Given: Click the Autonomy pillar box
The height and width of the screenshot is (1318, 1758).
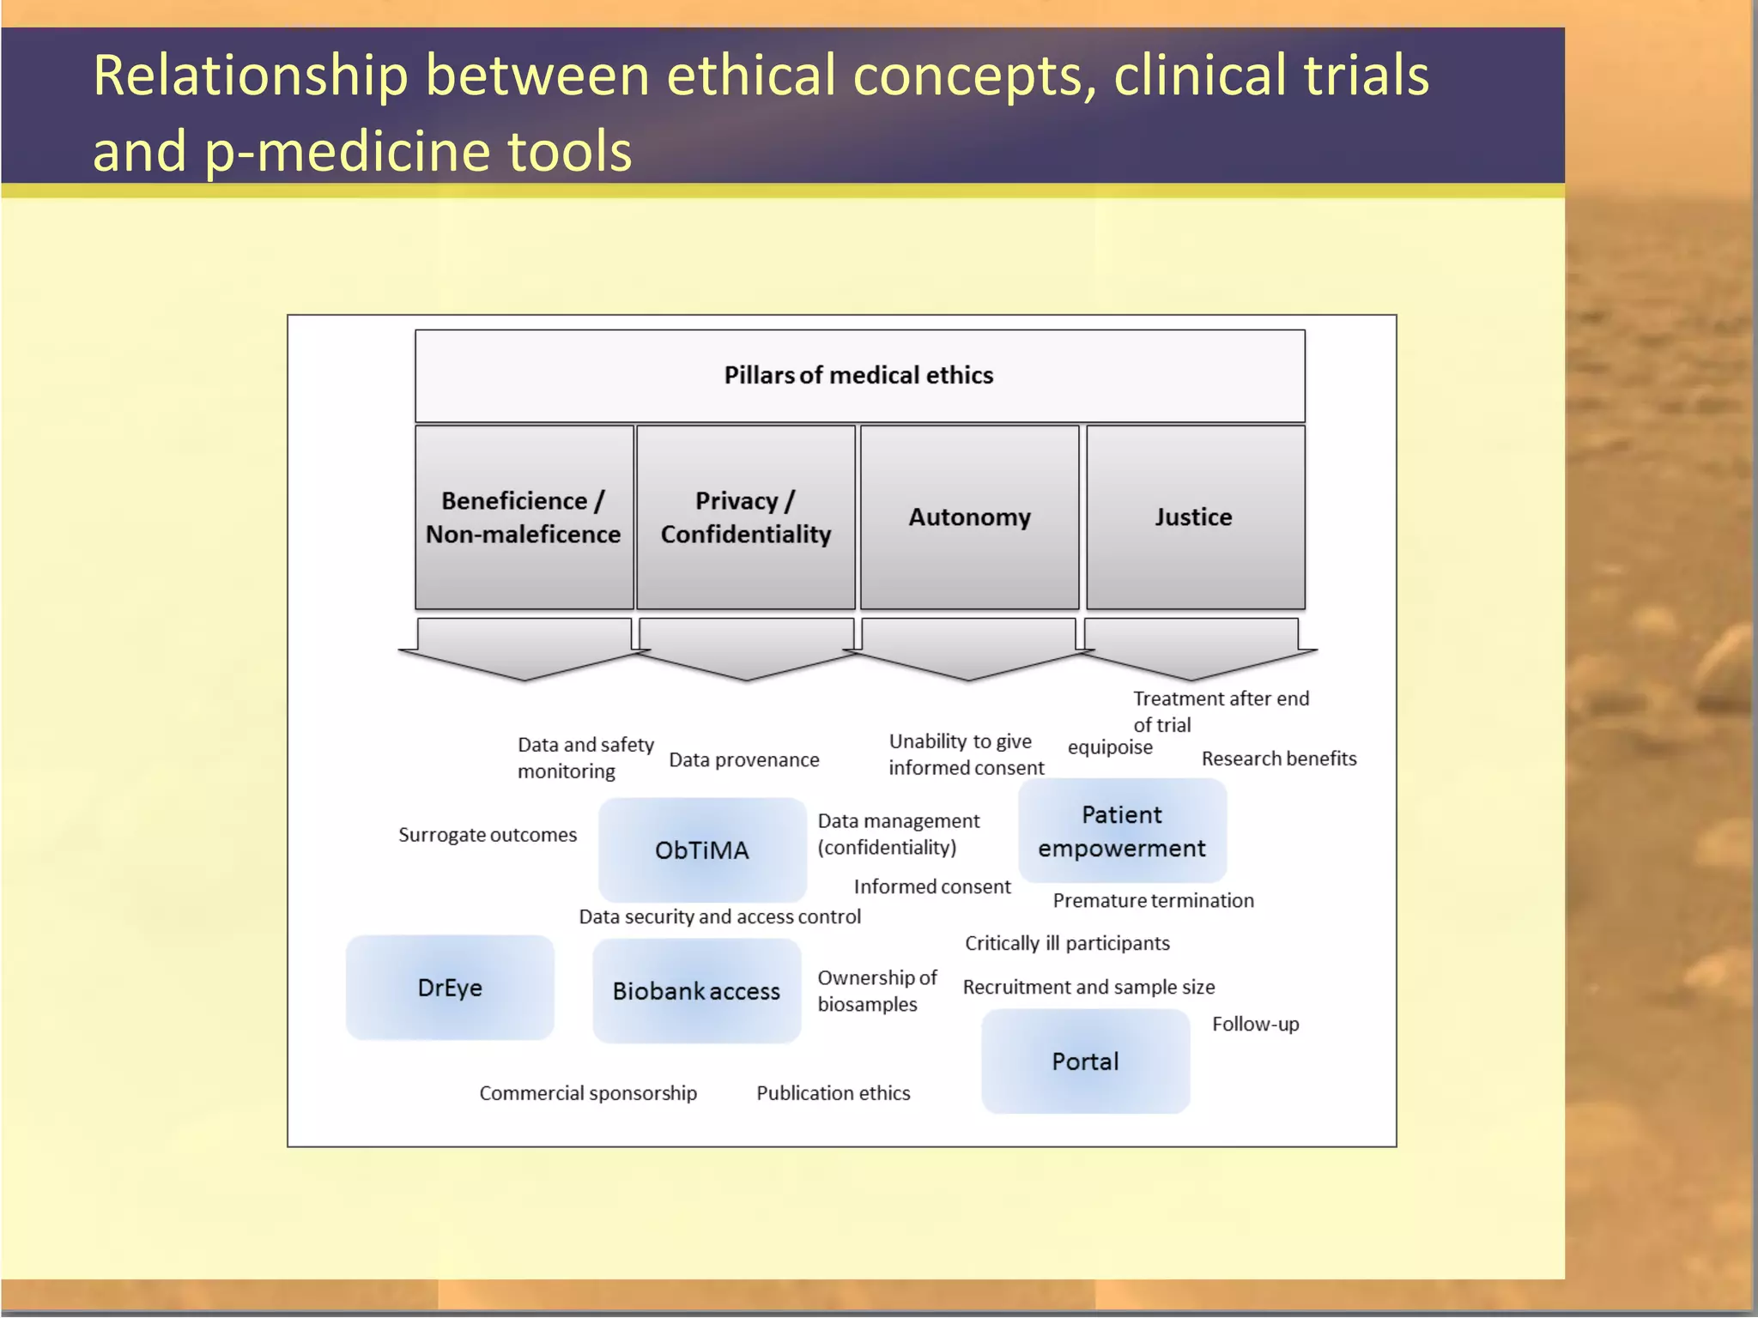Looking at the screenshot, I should tap(969, 517).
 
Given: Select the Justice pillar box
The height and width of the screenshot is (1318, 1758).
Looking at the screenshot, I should tap(1195, 517).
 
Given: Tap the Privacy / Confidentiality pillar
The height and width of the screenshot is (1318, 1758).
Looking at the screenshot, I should tap(745, 517).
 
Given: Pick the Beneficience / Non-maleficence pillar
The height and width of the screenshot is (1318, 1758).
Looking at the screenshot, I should tap(524, 517).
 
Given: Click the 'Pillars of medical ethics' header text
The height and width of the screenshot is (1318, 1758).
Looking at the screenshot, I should tap(858, 375).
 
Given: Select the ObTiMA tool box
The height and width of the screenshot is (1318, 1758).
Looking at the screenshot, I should tap(702, 849).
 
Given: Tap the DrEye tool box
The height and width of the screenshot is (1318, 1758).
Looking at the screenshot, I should tap(450, 988).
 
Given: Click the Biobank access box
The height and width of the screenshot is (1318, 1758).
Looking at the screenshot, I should tap(696, 991).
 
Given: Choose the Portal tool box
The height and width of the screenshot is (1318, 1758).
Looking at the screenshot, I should tap(1085, 1061).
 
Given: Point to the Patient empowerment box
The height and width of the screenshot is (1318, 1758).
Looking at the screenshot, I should tap(1122, 831).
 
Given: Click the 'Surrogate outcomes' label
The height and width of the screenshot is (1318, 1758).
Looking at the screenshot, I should tap(487, 835).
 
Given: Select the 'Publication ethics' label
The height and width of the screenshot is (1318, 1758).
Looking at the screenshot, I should tap(833, 1093).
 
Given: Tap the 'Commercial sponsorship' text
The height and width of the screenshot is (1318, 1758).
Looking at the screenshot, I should tap(588, 1093).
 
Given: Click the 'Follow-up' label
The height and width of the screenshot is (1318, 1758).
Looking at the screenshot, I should tap(1255, 1024).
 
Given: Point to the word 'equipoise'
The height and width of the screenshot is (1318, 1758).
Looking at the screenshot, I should tap(1110, 747).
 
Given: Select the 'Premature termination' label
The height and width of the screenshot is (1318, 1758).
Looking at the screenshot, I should tap(1153, 900).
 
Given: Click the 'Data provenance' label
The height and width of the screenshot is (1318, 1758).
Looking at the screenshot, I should tap(743, 760).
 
